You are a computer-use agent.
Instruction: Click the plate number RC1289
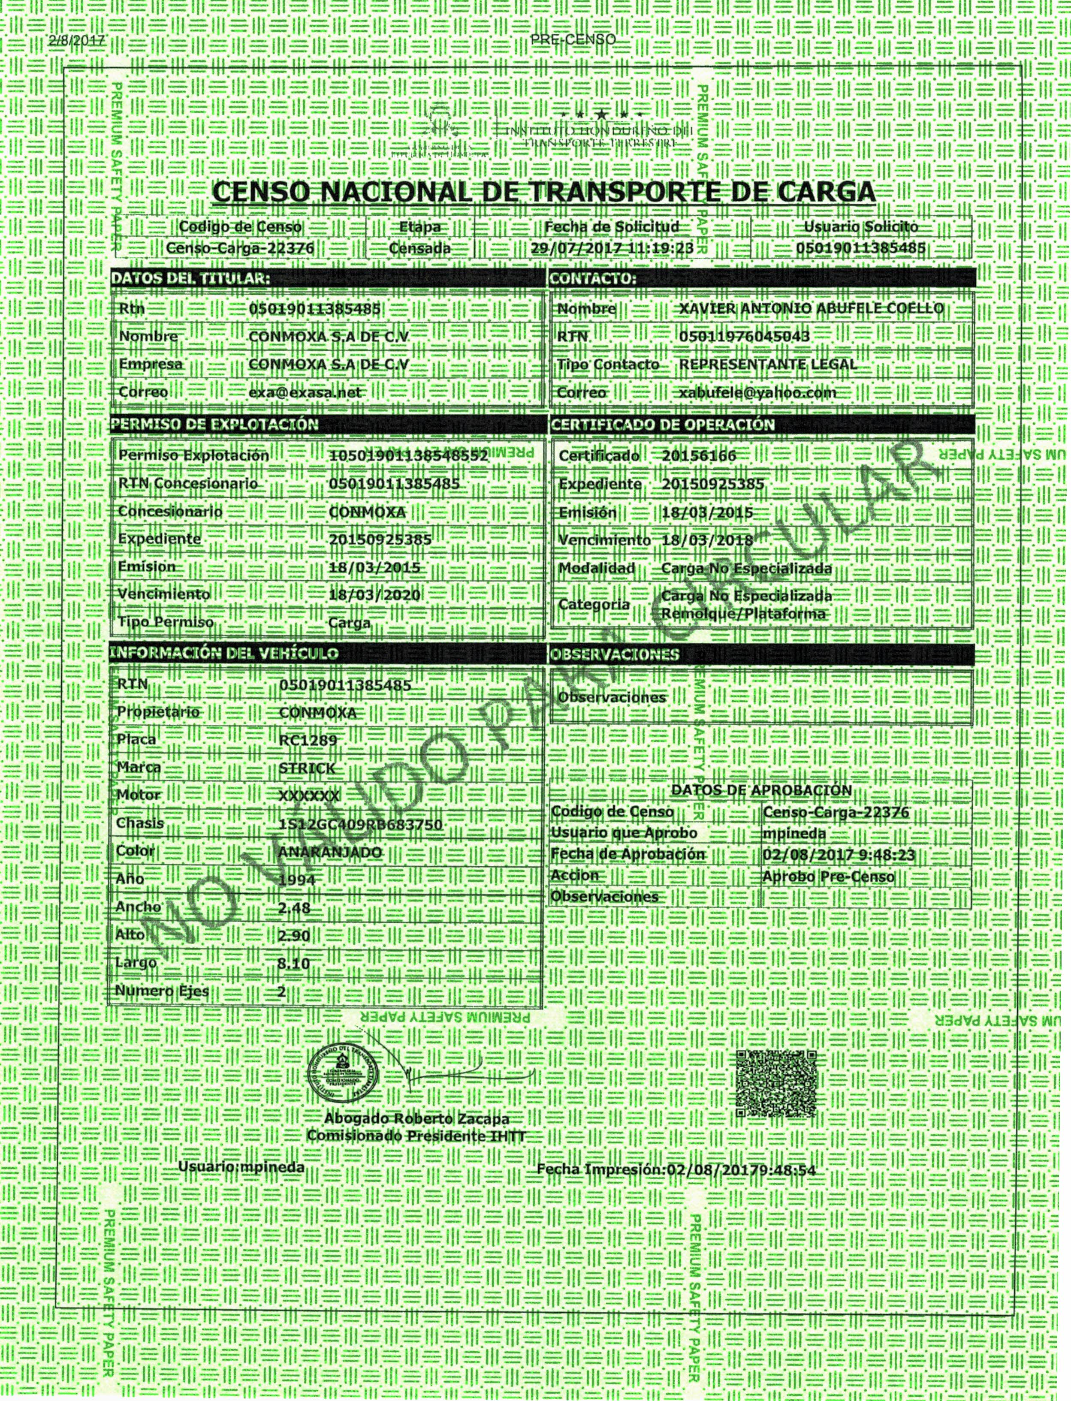point(308,740)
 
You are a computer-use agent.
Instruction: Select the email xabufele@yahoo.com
point(757,393)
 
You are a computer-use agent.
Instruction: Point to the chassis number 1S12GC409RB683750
point(360,824)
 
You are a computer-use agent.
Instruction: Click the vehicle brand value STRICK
point(307,768)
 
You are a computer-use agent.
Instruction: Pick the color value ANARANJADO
point(330,852)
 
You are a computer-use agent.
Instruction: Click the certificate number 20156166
point(699,456)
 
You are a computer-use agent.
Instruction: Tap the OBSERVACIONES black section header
point(615,654)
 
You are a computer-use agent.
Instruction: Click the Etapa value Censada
point(419,248)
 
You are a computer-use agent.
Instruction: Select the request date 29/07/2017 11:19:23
point(612,248)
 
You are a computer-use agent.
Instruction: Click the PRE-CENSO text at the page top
point(573,39)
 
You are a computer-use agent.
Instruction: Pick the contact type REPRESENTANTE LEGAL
point(768,365)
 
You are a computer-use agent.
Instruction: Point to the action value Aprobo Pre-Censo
point(828,877)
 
